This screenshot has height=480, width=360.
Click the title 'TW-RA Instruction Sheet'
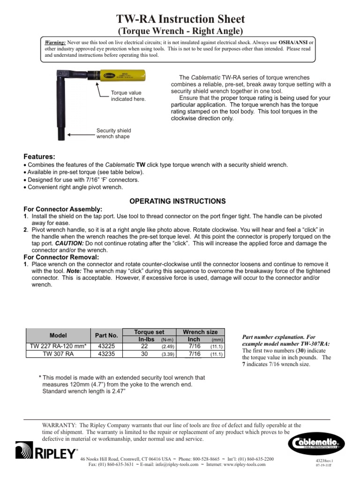click(180, 19)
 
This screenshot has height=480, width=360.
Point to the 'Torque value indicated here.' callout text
click(128, 96)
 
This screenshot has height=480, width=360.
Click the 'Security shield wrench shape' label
click(113, 133)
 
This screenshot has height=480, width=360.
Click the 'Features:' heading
click(39, 156)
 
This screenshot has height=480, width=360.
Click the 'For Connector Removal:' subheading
click(61, 257)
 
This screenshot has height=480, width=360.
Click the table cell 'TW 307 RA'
click(59, 354)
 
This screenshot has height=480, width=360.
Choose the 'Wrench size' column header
click(200, 331)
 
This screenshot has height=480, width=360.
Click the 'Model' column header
click(59, 335)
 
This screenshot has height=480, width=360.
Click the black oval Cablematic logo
click(315, 442)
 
